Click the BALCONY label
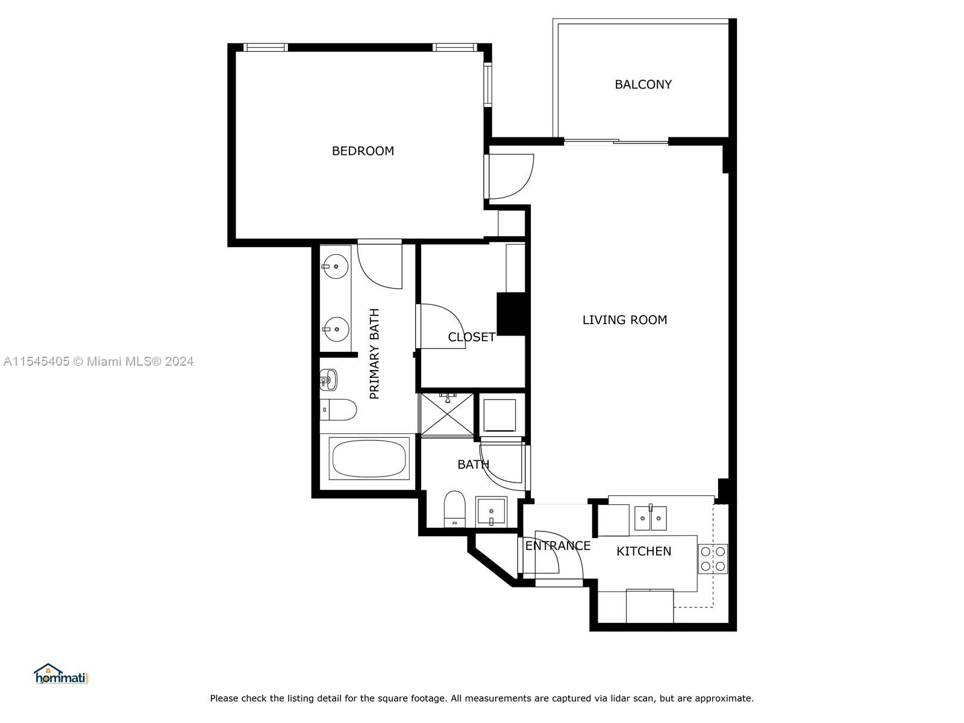click(x=643, y=84)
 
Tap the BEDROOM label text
click(x=363, y=151)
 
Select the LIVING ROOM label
click(x=624, y=320)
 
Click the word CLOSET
click(x=471, y=337)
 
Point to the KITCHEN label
click(x=643, y=551)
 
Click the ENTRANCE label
click(x=557, y=546)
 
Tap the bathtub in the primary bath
click(x=370, y=459)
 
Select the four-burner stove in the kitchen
click(x=713, y=559)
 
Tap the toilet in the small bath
click(x=455, y=509)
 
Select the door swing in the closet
click(x=440, y=325)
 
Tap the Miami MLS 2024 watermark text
click(x=98, y=361)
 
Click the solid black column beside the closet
click(x=512, y=313)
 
